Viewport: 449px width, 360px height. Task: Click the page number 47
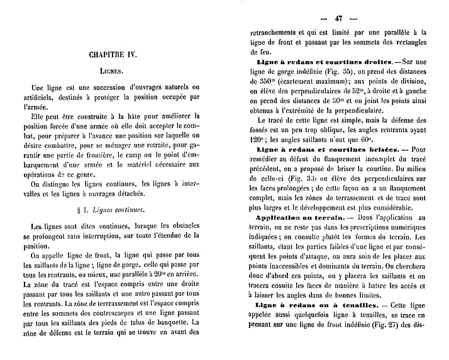[x=338, y=18]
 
